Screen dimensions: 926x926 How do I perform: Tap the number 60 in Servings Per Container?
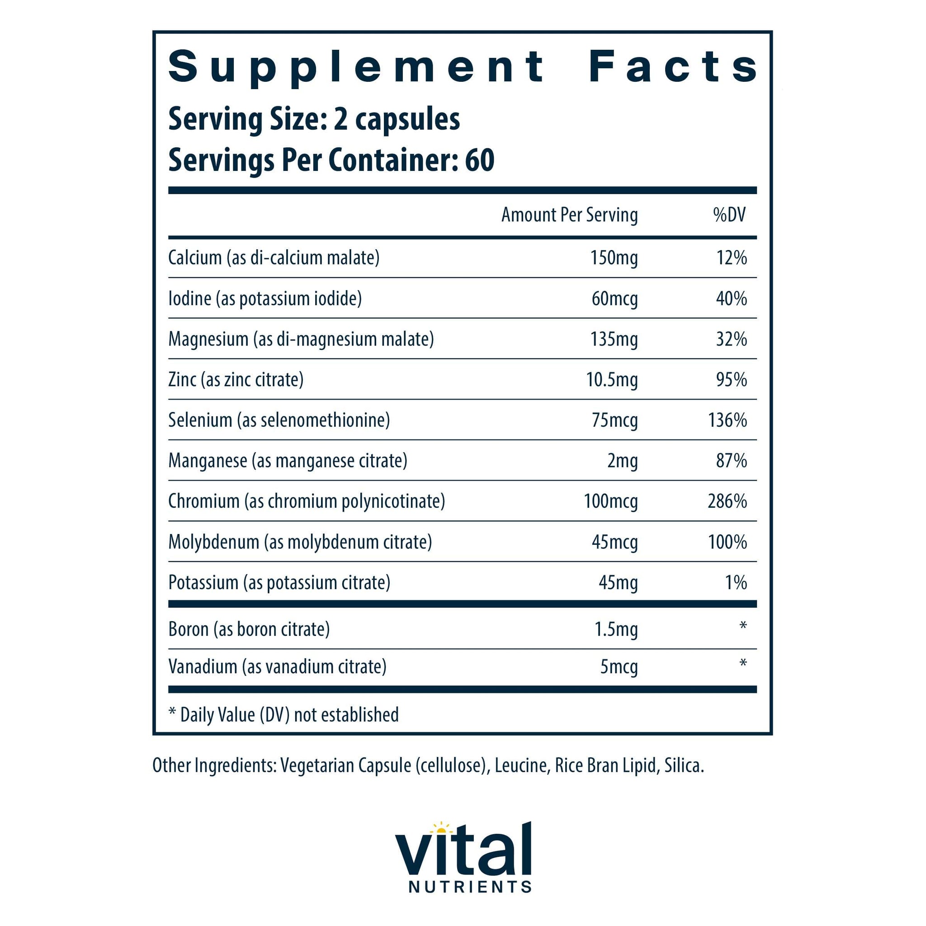(479, 160)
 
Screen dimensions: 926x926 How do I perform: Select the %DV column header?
(729, 215)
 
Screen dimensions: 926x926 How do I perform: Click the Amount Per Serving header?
(569, 215)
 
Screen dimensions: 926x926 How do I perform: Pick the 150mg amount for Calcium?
(614, 258)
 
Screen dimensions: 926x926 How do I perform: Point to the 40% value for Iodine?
(732, 298)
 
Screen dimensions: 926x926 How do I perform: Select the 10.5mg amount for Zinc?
(612, 380)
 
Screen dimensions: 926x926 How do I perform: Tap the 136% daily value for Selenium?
(728, 420)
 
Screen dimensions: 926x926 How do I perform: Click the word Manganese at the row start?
(208, 461)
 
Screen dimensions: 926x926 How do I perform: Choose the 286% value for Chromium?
(727, 501)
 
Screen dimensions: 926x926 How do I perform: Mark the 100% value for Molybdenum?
(728, 542)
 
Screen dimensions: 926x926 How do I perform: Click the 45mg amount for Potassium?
(618, 583)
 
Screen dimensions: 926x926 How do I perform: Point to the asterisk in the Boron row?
(743, 625)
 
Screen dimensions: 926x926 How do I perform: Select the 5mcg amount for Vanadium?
(619, 667)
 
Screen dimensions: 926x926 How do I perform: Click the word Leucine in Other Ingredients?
(520, 765)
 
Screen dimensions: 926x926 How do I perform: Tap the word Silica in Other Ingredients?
(684, 765)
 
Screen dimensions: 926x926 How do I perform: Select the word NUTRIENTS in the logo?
(470, 887)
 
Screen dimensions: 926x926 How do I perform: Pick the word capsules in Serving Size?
(407, 119)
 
